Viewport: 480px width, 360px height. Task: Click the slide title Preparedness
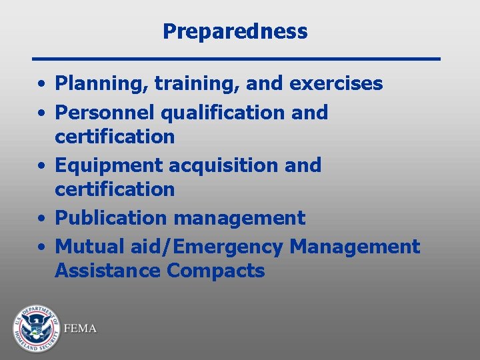click(x=235, y=31)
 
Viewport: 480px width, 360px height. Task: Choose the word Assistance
click(x=107, y=271)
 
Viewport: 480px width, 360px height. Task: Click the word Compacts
click(x=215, y=272)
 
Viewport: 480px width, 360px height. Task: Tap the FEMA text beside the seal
click(x=80, y=329)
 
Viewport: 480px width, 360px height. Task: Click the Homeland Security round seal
click(x=36, y=328)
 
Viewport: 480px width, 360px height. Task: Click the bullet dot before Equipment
click(x=41, y=166)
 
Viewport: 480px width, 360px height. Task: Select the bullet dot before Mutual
click(x=41, y=247)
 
